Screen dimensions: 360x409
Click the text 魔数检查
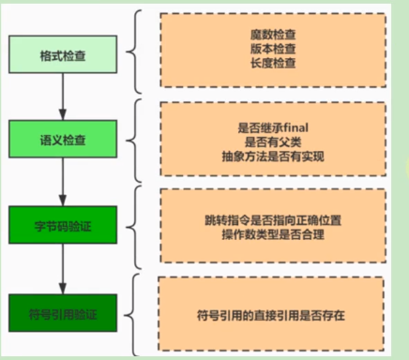click(273, 35)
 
